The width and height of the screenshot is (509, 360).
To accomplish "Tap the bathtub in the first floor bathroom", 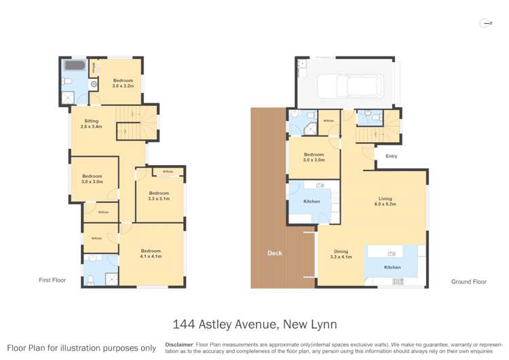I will tap(73, 67).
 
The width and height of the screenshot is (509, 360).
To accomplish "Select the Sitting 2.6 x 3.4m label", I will tap(91, 124).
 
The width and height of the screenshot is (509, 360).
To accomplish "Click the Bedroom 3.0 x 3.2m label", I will tap(124, 83).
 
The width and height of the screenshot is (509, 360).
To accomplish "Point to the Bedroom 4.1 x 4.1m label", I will tap(151, 253).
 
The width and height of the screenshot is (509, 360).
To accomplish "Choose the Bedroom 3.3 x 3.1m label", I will tap(159, 195).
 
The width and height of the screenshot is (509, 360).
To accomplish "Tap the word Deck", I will tap(275, 253).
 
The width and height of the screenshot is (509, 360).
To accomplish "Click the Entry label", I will tap(391, 156).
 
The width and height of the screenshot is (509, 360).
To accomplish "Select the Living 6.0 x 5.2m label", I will tap(384, 201).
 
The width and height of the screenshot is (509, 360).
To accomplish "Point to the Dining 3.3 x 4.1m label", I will tap(341, 254).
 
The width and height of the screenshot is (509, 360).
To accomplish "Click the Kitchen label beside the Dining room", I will tap(392, 268).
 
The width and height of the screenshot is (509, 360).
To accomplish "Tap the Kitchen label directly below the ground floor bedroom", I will tap(312, 202).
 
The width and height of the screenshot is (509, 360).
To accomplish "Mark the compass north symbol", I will tap(485, 23).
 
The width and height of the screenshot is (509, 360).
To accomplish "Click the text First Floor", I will tap(52, 280).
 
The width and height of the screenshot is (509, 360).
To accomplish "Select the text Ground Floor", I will tap(468, 281).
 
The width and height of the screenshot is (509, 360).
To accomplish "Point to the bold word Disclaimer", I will tap(179, 344).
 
